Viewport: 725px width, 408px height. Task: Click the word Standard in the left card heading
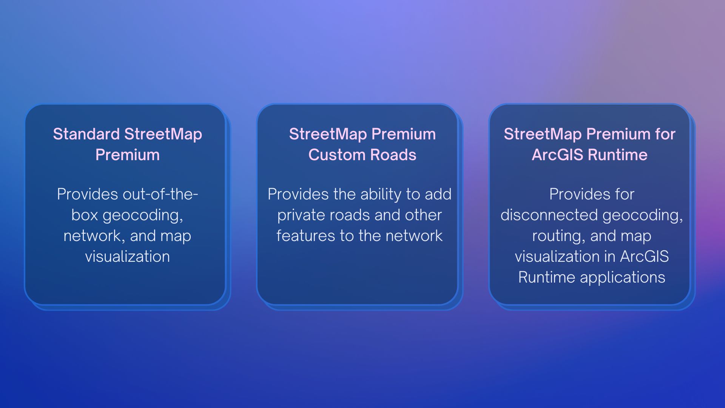86,134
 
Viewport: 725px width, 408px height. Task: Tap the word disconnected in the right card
549,215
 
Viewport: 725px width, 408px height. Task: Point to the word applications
622,277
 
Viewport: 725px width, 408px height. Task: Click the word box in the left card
85,215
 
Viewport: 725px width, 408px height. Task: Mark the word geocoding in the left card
143,215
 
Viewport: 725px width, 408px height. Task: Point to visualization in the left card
127,257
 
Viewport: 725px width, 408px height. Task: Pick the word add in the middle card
438,194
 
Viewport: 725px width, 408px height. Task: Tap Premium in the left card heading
127,155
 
